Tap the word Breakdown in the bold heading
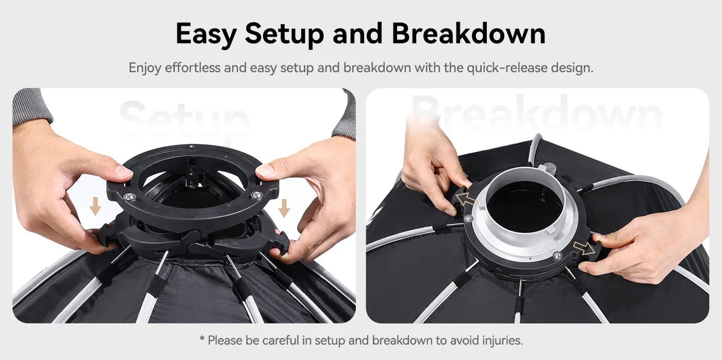[469, 33]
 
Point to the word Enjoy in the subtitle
[145, 68]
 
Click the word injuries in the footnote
[503, 340]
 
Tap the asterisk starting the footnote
[202, 339]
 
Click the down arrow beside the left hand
[95, 206]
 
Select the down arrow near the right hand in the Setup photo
[284, 208]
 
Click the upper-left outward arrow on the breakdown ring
[466, 199]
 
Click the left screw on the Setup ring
[130, 196]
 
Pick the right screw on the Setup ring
[257, 195]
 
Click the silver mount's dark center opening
[525, 206]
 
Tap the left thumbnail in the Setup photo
[124, 171]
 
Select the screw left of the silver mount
[468, 218]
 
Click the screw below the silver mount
[557, 256]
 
